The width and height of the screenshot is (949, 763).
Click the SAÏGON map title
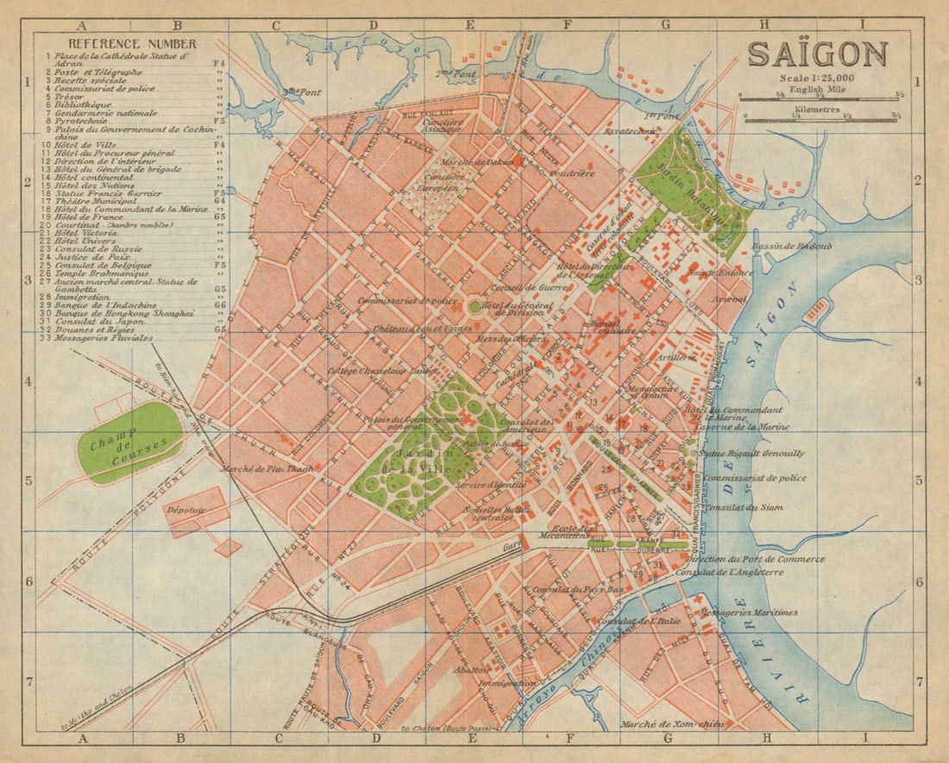pos(817,53)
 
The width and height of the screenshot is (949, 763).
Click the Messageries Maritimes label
pos(749,613)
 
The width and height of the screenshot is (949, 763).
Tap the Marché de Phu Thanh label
pos(256,469)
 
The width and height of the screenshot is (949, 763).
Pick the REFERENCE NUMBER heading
pos(120,44)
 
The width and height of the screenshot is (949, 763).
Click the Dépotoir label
pos(186,510)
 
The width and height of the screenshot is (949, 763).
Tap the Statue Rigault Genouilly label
pos(751,453)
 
